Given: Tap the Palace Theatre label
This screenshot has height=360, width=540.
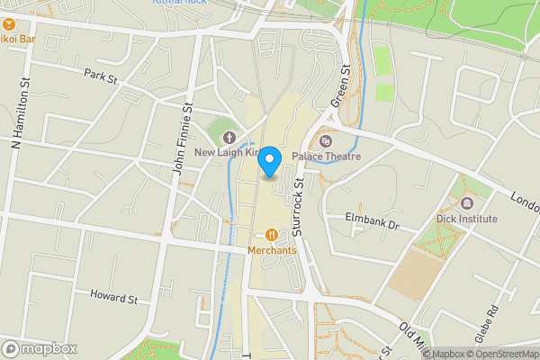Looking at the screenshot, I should (326, 157).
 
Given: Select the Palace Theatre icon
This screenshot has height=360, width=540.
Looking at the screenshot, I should (326, 141).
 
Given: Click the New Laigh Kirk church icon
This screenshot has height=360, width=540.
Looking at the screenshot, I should (229, 139).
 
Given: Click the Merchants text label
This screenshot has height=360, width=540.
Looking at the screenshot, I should (273, 250).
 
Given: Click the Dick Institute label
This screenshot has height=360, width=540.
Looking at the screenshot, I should (466, 219).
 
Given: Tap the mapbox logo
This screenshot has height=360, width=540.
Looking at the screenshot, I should (39, 348).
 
